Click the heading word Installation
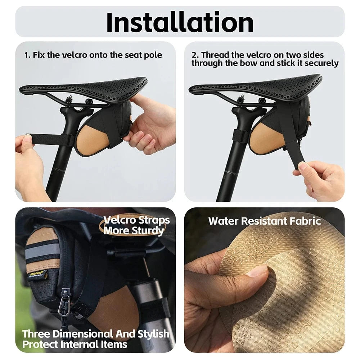click(180, 22)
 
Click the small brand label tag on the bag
click(38, 274)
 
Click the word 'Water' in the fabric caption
click(224, 221)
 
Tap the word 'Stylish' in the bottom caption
click(153, 334)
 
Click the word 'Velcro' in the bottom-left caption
click(120, 220)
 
